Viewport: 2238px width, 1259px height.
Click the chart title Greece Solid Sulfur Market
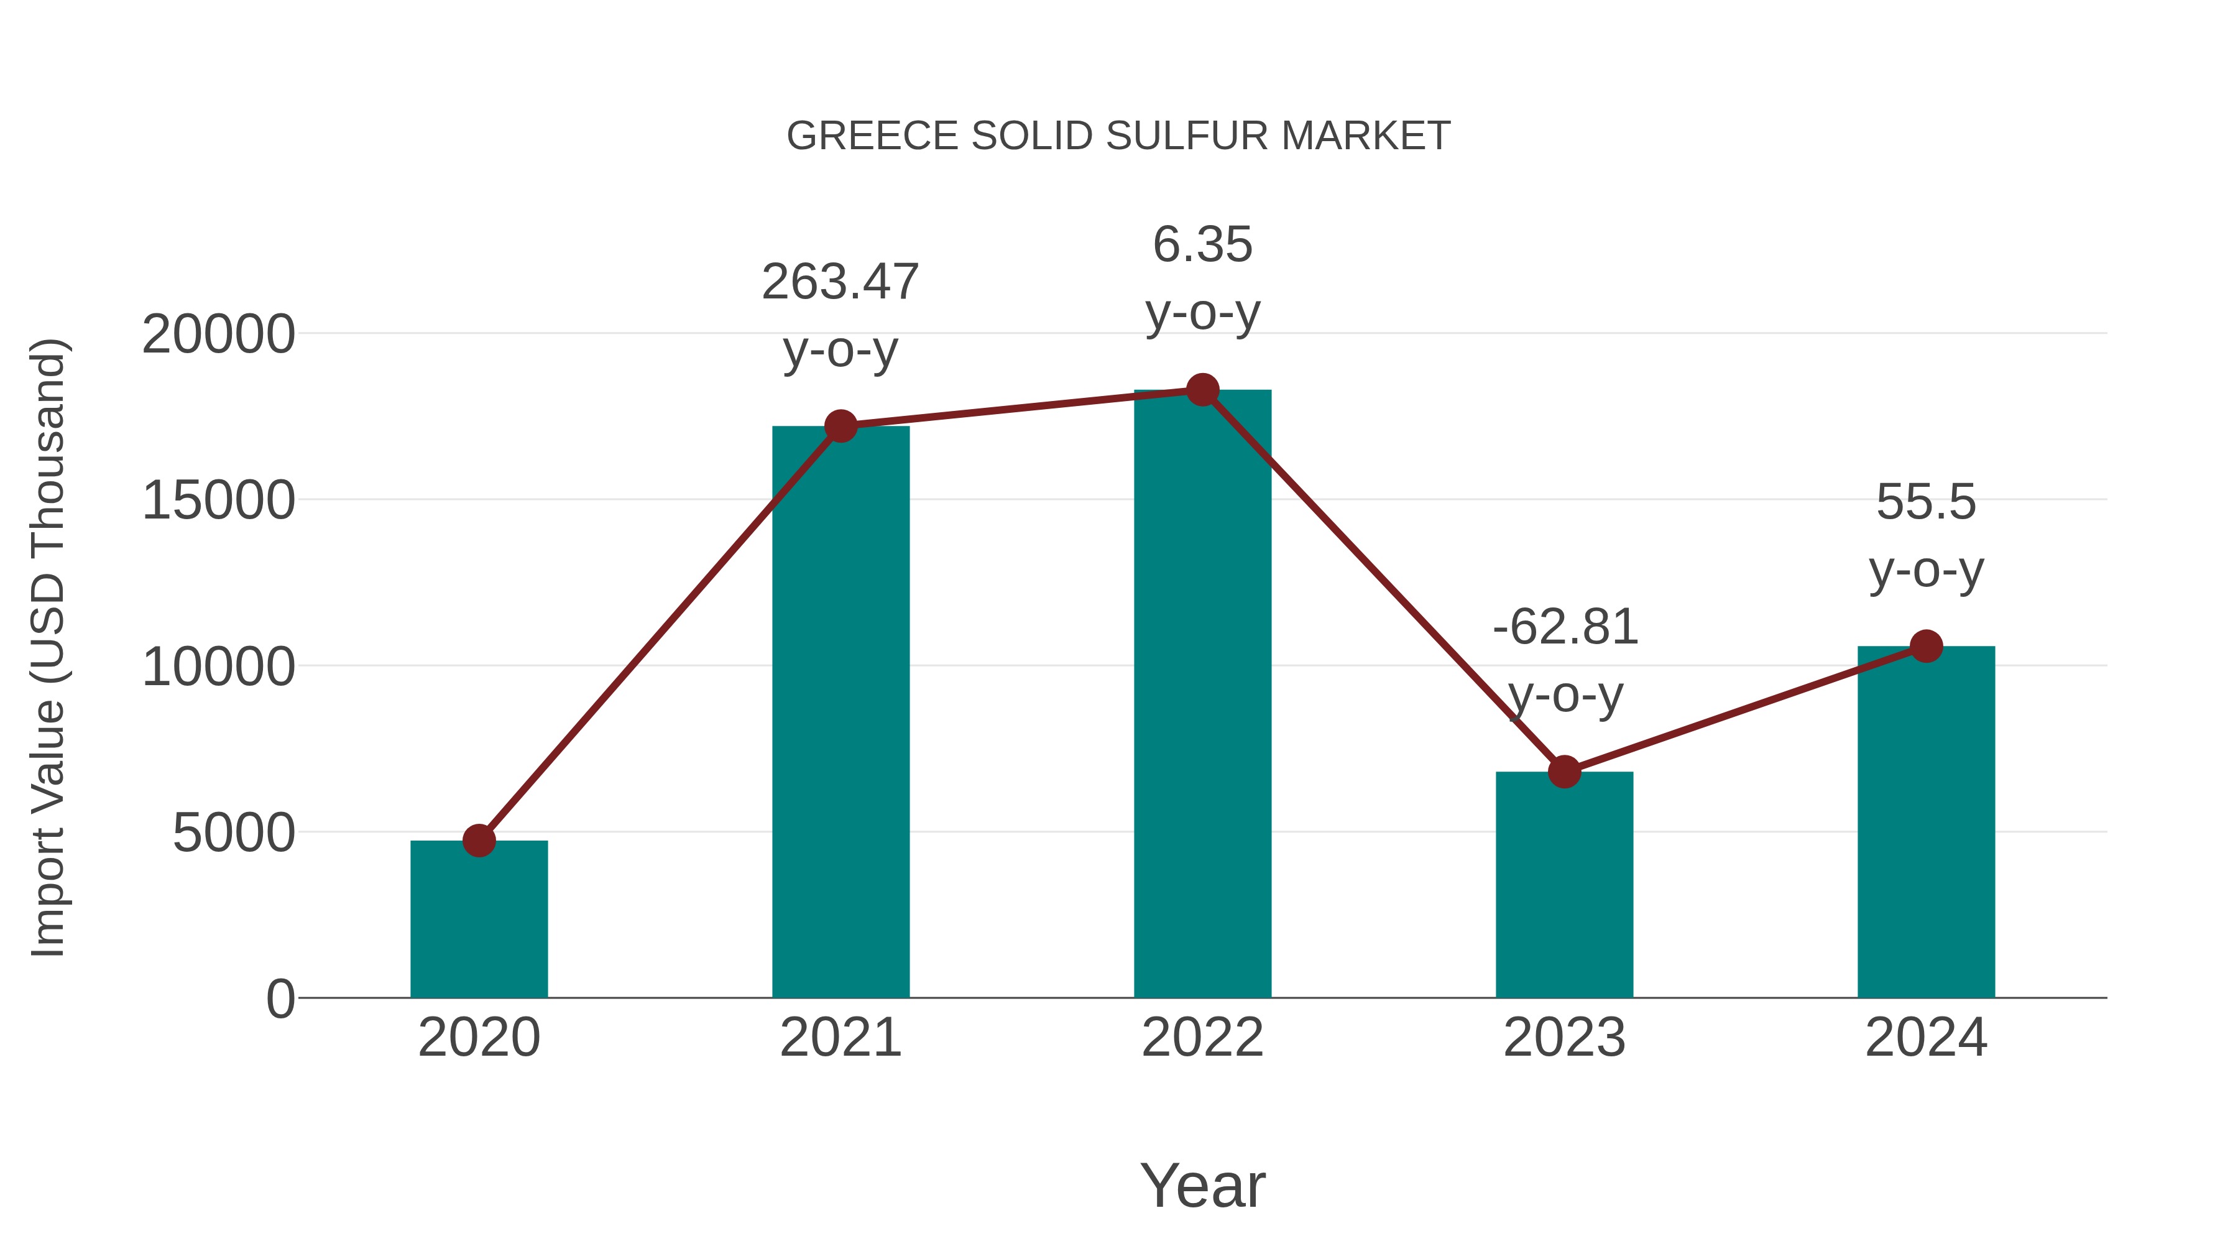1118,136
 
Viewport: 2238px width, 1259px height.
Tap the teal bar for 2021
840,713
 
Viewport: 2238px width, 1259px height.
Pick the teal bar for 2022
1202,695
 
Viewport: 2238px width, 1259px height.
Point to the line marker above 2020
479,840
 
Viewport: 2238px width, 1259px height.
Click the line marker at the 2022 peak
1202,390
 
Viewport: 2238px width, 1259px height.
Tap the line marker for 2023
1564,772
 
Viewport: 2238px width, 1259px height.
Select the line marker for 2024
1926,645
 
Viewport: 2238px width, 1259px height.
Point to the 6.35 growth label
1202,245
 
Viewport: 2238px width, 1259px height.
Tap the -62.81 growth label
1565,627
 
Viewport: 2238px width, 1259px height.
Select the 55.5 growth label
1926,502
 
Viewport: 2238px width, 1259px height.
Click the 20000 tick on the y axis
218,334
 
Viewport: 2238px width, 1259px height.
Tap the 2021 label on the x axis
840,1038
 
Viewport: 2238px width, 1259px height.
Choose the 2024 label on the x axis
1926,1038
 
